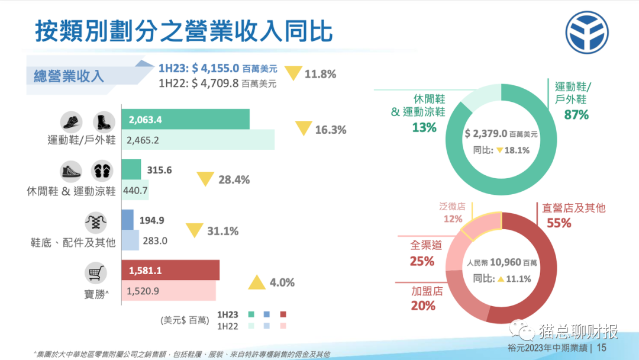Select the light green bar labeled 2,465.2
pos(198,140)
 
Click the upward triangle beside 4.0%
pos(257,283)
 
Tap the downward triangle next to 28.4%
pos(205,179)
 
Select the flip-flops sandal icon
pos(102,172)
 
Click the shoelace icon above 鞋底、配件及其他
pos(96,223)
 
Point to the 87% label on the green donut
pos(576,115)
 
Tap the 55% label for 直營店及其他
pos(559,223)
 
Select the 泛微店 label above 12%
pos(452,207)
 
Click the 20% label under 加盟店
pos(423,306)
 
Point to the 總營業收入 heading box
pos(69,76)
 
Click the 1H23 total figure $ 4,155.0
pos(215,68)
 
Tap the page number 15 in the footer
pos(602,348)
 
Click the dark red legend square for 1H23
pos(283,314)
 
